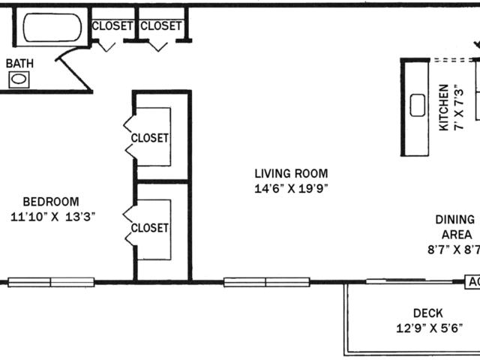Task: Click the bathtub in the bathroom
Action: tap(52, 28)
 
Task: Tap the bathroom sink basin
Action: tap(19, 79)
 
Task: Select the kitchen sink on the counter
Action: tap(418, 105)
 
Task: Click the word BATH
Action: tap(20, 63)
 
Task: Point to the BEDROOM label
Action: tap(51, 202)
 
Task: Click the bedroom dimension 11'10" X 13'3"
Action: tap(53, 217)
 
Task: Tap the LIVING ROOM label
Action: tap(292, 173)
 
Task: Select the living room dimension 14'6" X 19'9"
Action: tap(292, 188)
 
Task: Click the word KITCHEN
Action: tap(444, 107)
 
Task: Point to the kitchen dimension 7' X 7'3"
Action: tap(459, 109)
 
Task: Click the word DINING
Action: tap(455, 220)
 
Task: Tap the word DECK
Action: tap(428, 313)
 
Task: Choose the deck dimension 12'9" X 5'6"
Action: tap(429, 328)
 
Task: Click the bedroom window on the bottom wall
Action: tap(51, 282)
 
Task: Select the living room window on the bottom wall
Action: tap(267, 282)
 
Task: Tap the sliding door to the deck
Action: tap(409, 281)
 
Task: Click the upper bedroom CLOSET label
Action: tap(150, 138)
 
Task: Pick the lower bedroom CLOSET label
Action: tap(150, 228)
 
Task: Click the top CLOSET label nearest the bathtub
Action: tap(112, 26)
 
